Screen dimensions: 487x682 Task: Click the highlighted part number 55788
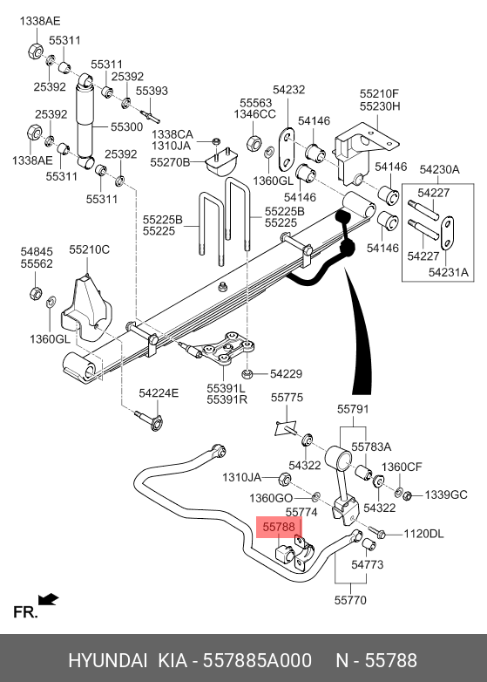click(279, 527)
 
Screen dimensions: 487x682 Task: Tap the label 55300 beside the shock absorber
click(127, 127)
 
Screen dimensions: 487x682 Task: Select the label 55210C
click(90, 249)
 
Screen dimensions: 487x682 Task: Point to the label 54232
click(289, 90)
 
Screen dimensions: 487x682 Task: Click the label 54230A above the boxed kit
click(439, 170)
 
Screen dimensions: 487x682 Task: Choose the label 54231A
click(449, 272)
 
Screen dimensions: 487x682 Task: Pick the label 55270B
click(170, 162)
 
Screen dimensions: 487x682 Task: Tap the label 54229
click(286, 373)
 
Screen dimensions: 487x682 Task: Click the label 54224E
click(159, 393)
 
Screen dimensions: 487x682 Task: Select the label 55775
click(287, 398)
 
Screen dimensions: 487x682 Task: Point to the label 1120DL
click(423, 534)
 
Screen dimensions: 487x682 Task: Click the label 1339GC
click(446, 495)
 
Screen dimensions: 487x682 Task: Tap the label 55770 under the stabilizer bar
click(350, 600)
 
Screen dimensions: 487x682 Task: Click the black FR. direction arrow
click(48, 599)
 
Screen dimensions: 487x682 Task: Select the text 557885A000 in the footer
click(258, 660)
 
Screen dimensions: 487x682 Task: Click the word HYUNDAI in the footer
click(108, 660)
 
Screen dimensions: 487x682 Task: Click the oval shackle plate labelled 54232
click(287, 150)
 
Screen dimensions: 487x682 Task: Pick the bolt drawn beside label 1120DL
click(377, 532)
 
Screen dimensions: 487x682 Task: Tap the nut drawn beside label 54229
click(247, 373)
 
